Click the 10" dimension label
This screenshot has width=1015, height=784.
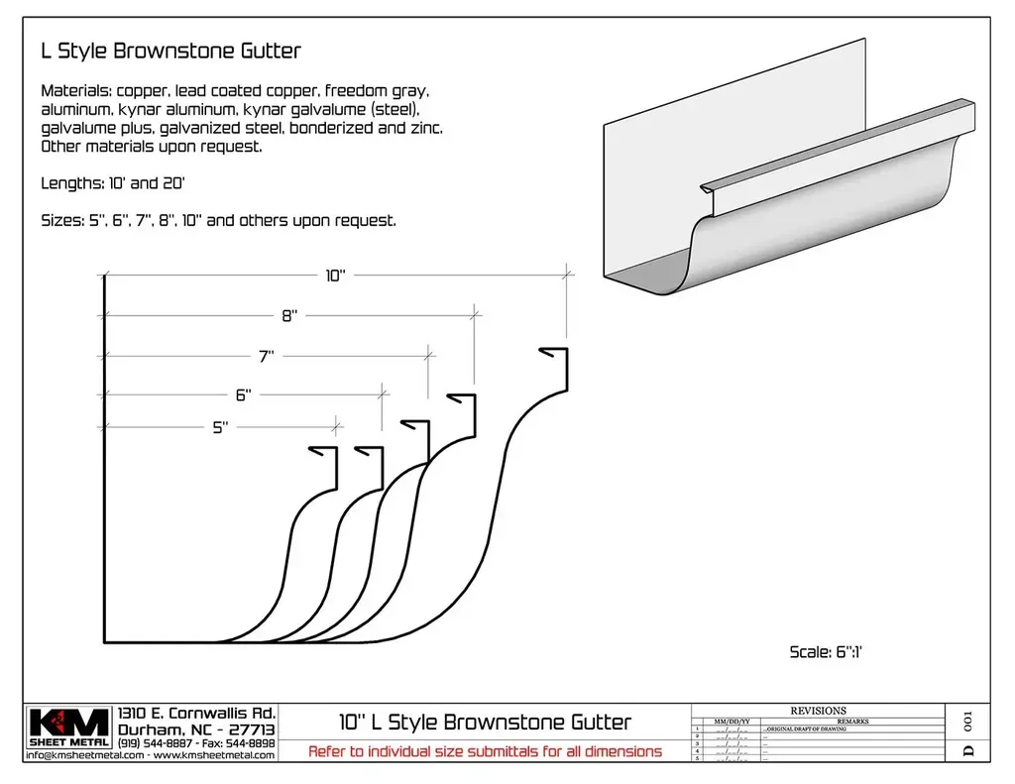(x=335, y=277)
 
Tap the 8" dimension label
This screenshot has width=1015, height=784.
(x=289, y=316)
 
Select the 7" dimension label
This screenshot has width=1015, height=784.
(x=267, y=356)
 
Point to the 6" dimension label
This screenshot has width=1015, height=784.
(x=243, y=394)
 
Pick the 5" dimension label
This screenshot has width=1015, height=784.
(x=220, y=427)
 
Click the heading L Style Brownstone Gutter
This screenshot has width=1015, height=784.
(x=170, y=50)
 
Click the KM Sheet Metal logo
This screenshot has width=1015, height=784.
(x=67, y=727)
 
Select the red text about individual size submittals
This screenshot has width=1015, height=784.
(x=485, y=751)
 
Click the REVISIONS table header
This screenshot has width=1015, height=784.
(x=818, y=711)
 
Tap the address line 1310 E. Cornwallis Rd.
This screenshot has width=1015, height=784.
(x=196, y=713)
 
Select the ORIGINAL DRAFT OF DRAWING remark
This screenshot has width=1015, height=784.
(x=805, y=728)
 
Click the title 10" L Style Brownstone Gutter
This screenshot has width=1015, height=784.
(x=485, y=722)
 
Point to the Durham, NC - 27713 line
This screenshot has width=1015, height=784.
(x=196, y=728)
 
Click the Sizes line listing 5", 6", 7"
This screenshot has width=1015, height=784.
(x=218, y=220)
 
